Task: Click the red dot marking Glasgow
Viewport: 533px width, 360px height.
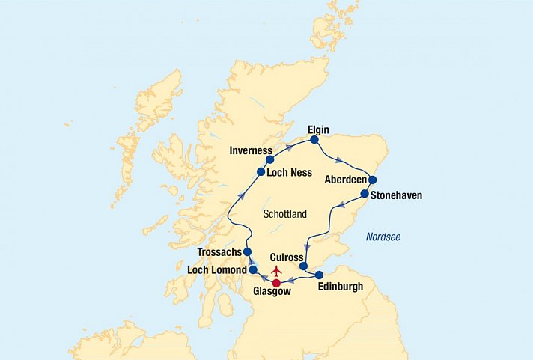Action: (x=276, y=283)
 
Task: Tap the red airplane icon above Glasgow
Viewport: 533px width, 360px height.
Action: (x=277, y=270)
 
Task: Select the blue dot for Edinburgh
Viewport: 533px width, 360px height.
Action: (x=320, y=275)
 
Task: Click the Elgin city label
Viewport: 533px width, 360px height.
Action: (x=318, y=129)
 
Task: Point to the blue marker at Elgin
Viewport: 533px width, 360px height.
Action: (x=314, y=139)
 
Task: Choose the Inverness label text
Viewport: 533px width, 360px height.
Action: (x=251, y=150)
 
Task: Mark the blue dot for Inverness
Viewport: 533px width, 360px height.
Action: (x=270, y=159)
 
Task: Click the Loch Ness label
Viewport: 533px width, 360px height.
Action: (x=289, y=172)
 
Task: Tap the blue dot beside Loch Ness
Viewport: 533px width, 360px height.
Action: (x=261, y=171)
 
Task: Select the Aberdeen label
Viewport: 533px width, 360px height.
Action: (x=345, y=180)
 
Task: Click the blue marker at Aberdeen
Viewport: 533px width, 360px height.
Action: (x=372, y=180)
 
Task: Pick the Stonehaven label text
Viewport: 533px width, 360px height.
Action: (x=397, y=195)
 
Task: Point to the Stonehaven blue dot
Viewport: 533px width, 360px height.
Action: (x=365, y=194)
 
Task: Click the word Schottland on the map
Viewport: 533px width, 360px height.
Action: (x=285, y=214)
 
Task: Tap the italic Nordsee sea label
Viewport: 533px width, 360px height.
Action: (x=383, y=237)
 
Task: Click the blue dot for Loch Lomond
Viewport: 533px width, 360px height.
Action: (x=253, y=269)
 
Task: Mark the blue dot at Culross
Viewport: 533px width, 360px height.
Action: (x=303, y=266)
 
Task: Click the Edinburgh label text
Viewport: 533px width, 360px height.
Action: (x=340, y=287)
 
